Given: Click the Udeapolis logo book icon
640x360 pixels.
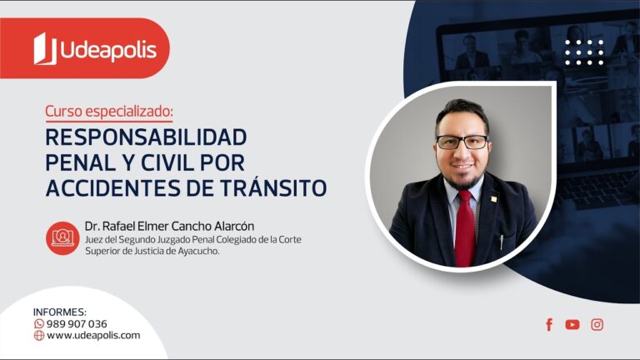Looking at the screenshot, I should pos(44,49).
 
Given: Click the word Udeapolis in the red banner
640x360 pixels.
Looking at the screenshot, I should pos(107,50).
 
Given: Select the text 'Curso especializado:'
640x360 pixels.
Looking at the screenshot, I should pos(109,111).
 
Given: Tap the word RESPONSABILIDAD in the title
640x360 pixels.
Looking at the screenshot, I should pos(146,136).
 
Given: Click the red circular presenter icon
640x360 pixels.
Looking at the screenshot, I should pos(62,237).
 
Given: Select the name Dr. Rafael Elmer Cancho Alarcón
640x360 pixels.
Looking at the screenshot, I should pos(169,226).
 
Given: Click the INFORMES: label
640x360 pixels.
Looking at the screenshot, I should pos(60,312).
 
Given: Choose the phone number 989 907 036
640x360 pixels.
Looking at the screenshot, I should pos(77,324).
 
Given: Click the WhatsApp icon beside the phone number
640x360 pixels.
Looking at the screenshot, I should pos(39,324).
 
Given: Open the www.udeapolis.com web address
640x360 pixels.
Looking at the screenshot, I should pos(93,336).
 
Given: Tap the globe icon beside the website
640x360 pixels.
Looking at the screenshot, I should pos(39,336).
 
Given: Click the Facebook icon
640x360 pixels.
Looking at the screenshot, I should pos(549,325).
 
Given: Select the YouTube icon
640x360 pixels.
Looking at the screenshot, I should pos(572,325).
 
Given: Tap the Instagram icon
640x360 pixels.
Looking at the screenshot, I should pos(597,325).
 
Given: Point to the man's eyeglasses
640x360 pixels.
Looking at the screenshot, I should pos(462,142).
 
